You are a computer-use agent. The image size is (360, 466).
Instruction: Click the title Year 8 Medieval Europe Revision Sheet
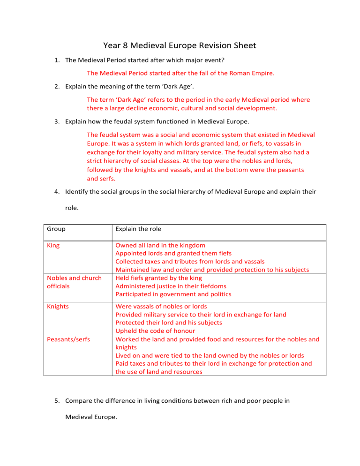click(180, 46)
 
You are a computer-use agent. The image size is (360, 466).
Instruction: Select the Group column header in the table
click(57, 230)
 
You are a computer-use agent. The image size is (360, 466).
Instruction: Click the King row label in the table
click(53, 245)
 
